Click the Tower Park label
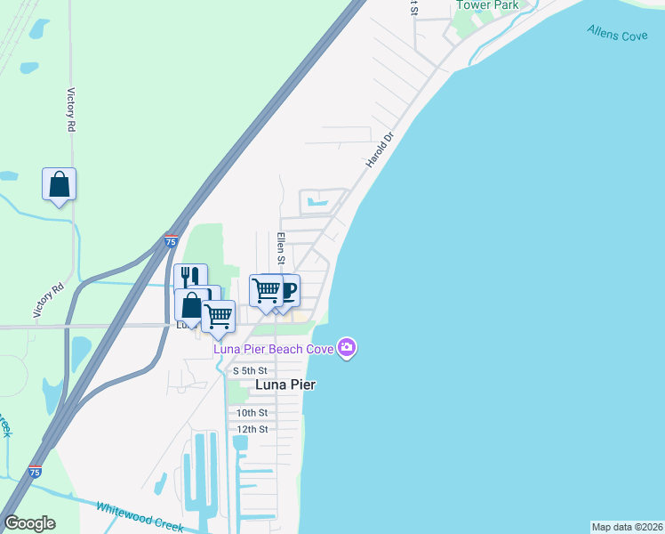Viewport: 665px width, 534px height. pyautogui.click(x=487, y=5)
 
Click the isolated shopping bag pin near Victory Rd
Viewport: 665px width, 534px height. pyautogui.click(x=59, y=184)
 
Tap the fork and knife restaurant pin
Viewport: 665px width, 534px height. pyautogui.click(x=190, y=278)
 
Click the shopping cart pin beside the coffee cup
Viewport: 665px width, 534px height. pyautogui.click(x=266, y=290)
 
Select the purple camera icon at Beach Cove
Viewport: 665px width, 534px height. pyautogui.click(x=348, y=348)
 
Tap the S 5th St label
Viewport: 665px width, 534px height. pyautogui.click(x=250, y=370)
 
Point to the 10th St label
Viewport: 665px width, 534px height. pyautogui.click(x=252, y=413)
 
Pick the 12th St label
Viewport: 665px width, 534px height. pyautogui.click(x=252, y=429)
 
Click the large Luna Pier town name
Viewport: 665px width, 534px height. pyautogui.click(x=286, y=385)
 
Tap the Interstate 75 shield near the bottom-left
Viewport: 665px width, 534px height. pyautogui.click(x=35, y=472)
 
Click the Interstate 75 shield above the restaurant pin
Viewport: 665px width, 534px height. pyautogui.click(x=172, y=241)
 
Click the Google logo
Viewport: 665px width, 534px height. pyautogui.click(x=29, y=523)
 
